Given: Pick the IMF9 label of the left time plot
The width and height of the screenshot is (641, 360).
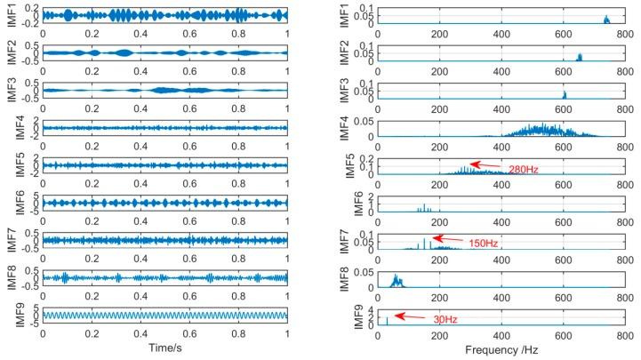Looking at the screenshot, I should tap(10, 316).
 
